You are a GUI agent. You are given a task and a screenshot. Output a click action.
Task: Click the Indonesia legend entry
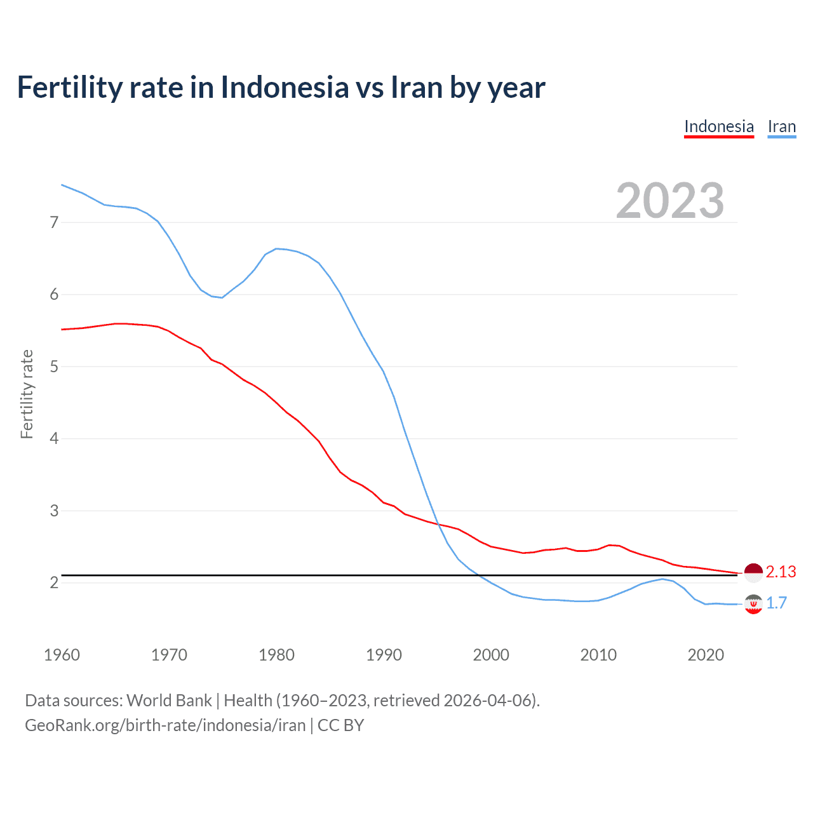click(718, 126)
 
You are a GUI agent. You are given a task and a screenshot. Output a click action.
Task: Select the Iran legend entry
click(781, 126)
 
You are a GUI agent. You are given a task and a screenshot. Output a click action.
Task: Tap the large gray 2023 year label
click(669, 201)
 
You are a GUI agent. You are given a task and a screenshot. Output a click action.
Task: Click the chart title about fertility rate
click(281, 87)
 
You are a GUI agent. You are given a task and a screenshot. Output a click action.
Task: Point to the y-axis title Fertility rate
click(27, 394)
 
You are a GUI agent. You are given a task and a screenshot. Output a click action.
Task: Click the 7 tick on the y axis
click(54, 222)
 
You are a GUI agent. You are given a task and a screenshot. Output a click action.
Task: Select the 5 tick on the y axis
click(54, 366)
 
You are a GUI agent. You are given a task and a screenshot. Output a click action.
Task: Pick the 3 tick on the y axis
click(54, 511)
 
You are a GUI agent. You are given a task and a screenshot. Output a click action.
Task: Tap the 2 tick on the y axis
click(54, 582)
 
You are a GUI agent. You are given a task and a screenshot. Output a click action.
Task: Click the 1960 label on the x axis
click(62, 655)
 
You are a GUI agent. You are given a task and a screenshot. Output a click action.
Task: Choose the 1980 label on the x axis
click(276, 655)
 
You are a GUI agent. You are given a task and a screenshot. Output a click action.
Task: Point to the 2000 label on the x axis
click(491, 655)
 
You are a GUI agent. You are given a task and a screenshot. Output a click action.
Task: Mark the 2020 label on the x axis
click(706, 655)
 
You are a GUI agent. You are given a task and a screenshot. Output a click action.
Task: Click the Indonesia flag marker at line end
click(753, 573)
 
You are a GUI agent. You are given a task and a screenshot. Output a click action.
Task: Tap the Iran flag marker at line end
click(753, 604)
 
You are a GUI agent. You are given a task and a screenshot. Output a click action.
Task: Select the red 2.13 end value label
click(781, 572)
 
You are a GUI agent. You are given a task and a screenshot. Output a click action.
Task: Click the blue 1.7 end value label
click(776, 603)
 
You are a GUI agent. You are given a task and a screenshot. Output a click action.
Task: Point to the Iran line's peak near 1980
click(276, 248)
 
